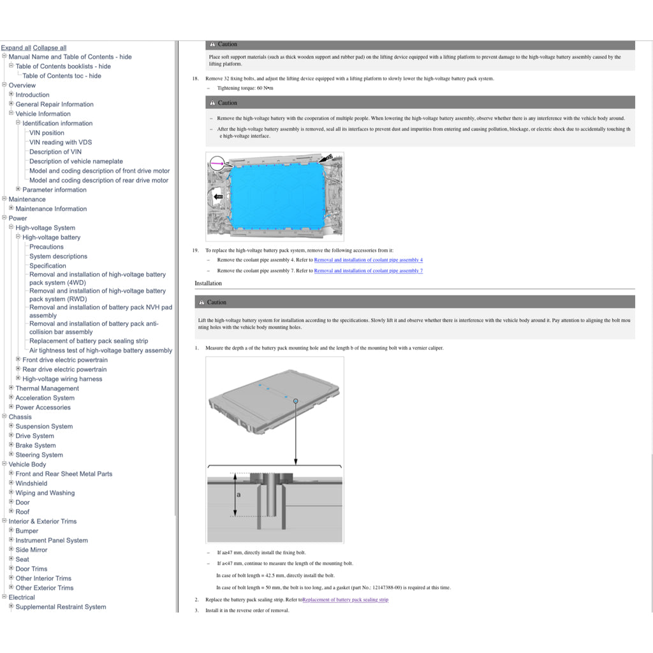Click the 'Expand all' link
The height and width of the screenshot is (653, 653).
pyautogui.click(x=16, y=48)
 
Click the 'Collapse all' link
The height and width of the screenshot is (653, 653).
pyautogui.click(x=50, y=48)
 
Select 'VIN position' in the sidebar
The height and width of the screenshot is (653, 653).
pyautogui.click(x=47, y=133)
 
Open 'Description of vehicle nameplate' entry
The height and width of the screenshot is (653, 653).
pyautogui.click(x=76, y=161)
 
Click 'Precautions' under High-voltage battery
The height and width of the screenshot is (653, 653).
pyautogui.click(x=47, y=247)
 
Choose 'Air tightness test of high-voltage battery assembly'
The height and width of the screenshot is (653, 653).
pyautogui.click(x=101, y=350)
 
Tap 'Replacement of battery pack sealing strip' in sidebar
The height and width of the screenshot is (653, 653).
pyautogui.click(x=89, y=341)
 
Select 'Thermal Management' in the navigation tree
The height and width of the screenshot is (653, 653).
pyautogui.click(x=47, y=388)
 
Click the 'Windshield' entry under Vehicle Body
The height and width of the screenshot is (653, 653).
pyautogui.click(x=31, y=483)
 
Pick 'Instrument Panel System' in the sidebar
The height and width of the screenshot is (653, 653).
pyautogui.click(x=52, y=540)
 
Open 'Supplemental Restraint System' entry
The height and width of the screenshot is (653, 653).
pyautogui.click(x=61, y=606)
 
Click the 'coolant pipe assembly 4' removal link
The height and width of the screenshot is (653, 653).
pyautogui.click(x=368, y=260)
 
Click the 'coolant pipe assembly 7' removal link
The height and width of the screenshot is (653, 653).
pyautogui.click(x=368, y=271)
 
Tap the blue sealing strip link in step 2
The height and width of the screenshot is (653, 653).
pyautogui.click(x=345, y=600)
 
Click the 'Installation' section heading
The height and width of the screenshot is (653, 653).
pyautogui.click(x=209, y=283)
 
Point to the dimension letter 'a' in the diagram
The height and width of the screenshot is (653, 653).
pyautogui.click(x=238, y=494)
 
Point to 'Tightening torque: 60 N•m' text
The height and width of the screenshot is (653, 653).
pyautogui.click(x=245, y=88)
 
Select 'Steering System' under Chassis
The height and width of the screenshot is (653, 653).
pyautogui.click(x=39, y=455)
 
